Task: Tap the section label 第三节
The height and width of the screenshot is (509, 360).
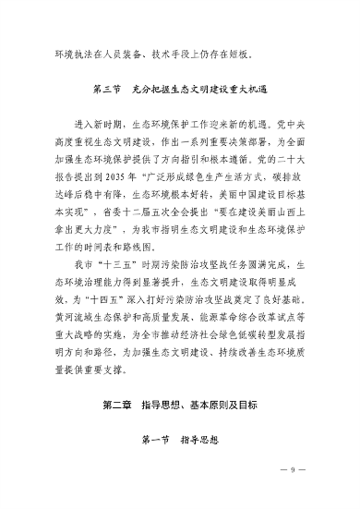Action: tap(109, 90)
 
